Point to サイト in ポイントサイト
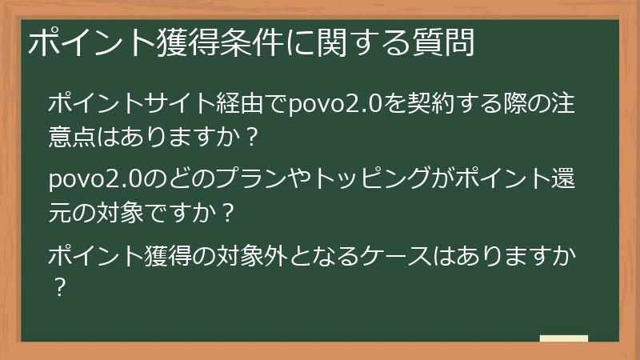[x=178, y=105]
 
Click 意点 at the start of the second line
[x=73, y=137]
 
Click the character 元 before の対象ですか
[x=61, y=213]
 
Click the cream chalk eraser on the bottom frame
[x=564, y=339]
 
